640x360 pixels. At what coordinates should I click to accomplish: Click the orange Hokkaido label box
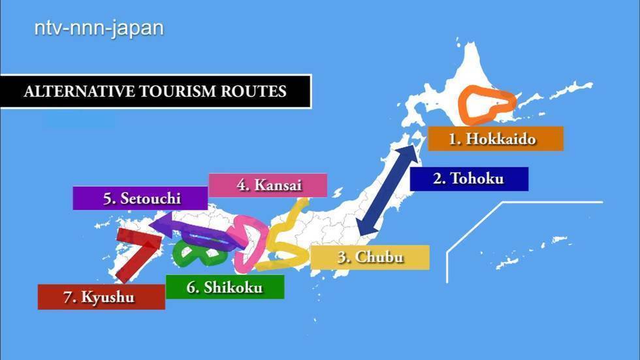pos(494,139)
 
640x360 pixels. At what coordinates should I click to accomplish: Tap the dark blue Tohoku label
pos(469,178)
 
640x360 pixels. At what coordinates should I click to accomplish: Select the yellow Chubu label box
pos(370,257)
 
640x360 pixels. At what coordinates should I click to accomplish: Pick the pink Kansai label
pos(268,185)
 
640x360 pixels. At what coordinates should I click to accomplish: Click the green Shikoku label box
pos(225,287)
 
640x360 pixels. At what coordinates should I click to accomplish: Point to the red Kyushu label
pos(101,297)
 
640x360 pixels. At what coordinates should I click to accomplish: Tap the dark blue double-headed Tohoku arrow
pos(389,190)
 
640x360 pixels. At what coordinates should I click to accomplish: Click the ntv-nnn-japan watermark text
pos(99,28)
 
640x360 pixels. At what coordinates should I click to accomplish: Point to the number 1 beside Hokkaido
pos(452,139)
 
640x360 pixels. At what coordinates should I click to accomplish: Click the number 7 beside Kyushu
pos(67,297)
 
